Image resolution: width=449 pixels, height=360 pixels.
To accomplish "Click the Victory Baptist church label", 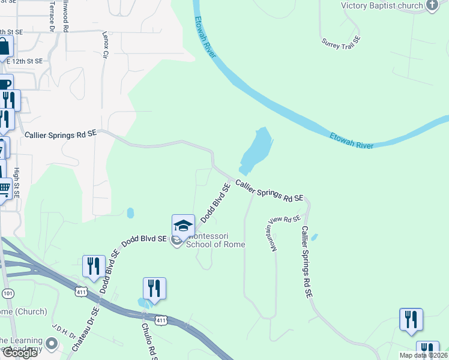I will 382,5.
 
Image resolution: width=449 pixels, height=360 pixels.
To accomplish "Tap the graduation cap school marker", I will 183,226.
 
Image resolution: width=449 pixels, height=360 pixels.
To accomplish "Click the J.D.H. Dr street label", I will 62,331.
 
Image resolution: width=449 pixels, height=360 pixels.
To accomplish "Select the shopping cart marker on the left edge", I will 4,190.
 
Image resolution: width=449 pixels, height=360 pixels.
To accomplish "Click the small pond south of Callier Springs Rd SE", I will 130,212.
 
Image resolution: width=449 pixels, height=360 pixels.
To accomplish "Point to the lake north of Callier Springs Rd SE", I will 257,151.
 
